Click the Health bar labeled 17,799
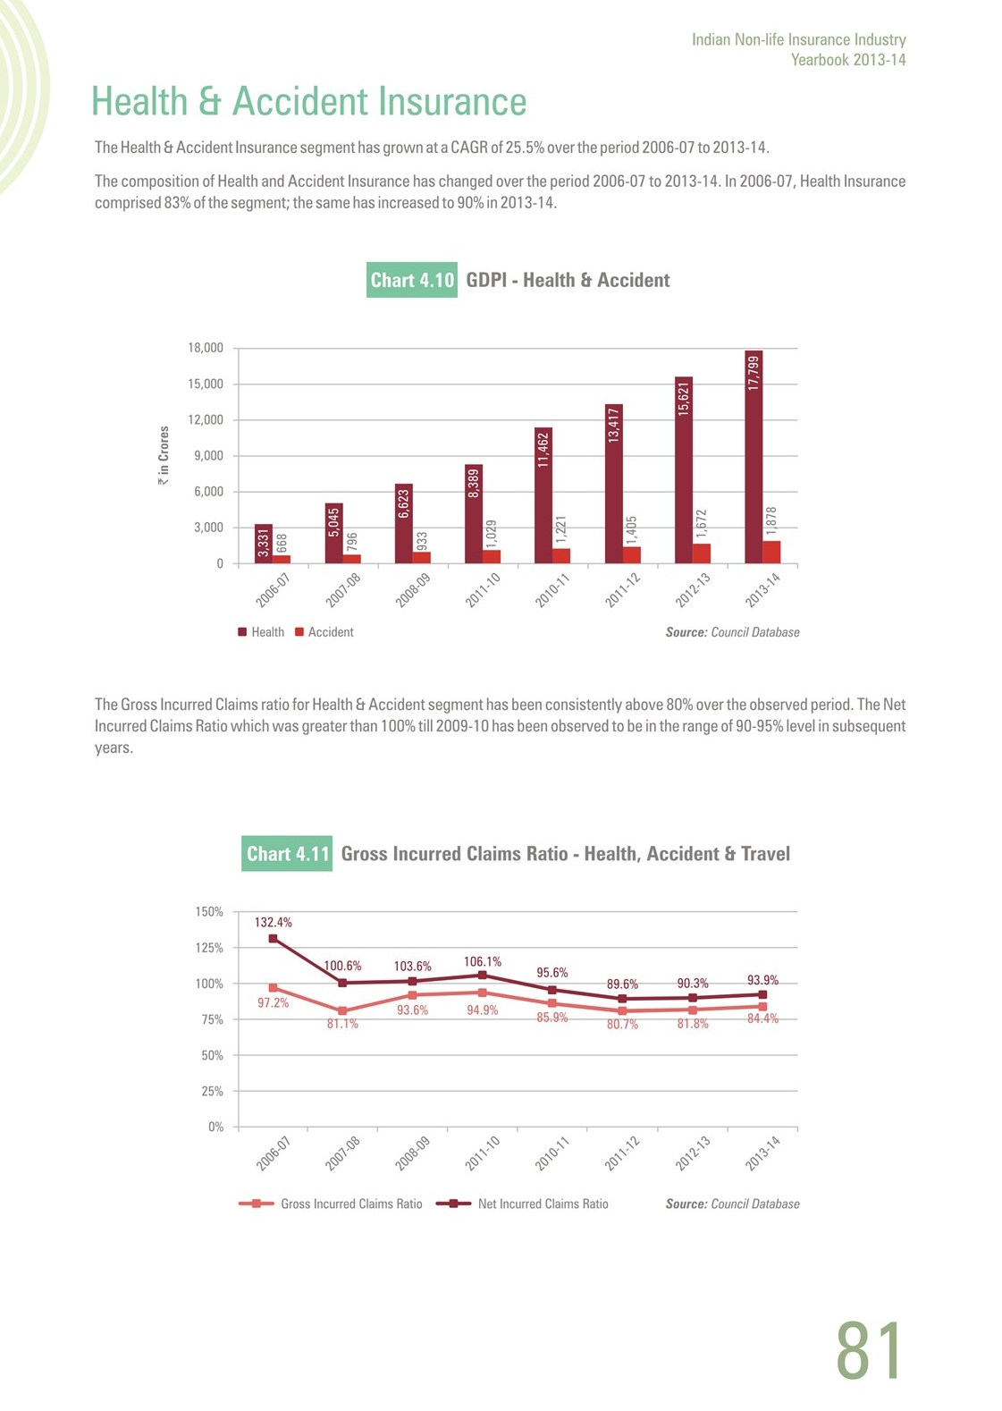(x=754, y=457)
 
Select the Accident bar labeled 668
(x=282, y=559)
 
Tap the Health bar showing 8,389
(x=474, y=513)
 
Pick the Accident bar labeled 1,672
(x=702, y=553)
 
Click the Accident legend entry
(x=324, y=632)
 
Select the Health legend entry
(x=261, y=632)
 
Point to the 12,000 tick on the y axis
(x=206, y=420)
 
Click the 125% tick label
(x=209, y=948)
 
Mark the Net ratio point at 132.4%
(x=273, y=939)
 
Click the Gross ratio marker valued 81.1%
(x=342, y=1011)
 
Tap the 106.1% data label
(x=483, y=961)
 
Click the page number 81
(x=869, y=1350)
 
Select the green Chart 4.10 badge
(x=412, y=280)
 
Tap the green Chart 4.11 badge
(x=287, y=854)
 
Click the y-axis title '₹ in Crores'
(x=164, y=455)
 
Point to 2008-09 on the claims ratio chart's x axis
(x=413, y=1153)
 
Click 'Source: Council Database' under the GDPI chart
(x=732, y=632)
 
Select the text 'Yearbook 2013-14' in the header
(x=848, y=60)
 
